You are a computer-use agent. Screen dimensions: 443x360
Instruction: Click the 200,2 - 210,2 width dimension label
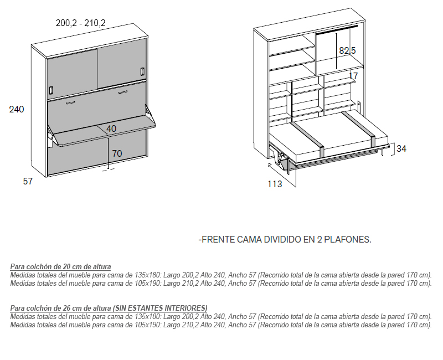coord(80,23)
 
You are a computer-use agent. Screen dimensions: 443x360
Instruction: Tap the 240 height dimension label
coord(17,109)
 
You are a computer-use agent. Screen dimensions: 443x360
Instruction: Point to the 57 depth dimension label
coord(28,181)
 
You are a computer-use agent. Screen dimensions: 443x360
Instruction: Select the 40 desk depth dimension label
coord(111,129)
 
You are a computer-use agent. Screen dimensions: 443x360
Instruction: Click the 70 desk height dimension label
coord(117,153)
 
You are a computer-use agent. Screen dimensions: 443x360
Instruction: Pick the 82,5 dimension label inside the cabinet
coord(347,51)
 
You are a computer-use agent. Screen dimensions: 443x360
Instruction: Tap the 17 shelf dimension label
coord(353,76)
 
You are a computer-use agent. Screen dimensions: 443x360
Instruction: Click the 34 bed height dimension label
coord(401,148)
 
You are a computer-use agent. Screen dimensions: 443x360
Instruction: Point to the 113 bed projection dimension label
coord(275,184)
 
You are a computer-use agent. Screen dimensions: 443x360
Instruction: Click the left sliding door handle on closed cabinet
coord(51,90)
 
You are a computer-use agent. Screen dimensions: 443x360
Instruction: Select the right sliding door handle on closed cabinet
coord(142,72)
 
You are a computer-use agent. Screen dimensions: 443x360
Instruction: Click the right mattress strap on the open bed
coord(358,127)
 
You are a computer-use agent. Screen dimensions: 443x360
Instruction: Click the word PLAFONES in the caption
coord(348,240)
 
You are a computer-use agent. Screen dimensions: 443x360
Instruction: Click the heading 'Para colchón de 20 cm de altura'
coord(60,266)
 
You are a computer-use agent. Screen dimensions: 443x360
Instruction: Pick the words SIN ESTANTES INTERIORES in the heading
coord(160,308)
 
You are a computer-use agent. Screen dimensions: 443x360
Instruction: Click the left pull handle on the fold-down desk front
coord(71,102)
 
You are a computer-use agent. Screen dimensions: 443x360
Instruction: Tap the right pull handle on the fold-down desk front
coord(123,92)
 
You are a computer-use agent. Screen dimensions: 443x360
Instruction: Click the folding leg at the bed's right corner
coord(382,151)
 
